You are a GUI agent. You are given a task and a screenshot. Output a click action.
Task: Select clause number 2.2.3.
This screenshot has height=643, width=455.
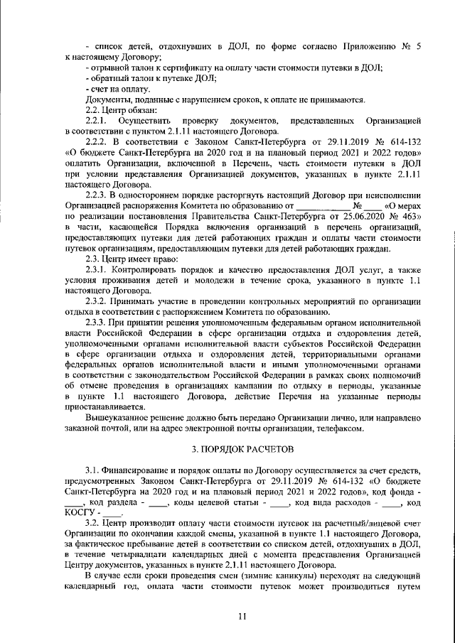tap(98, 196)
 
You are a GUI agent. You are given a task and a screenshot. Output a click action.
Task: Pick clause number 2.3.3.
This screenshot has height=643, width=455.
tap(98, 322)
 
